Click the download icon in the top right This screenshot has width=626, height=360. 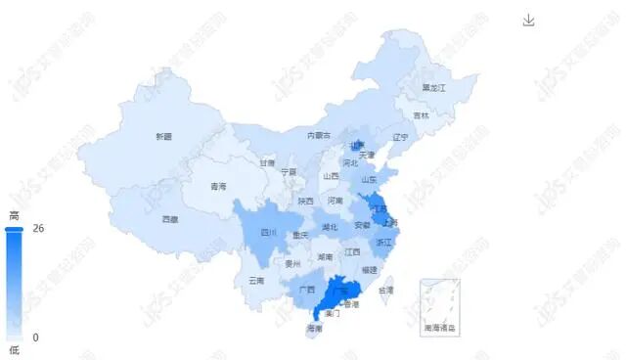tap(529, 21)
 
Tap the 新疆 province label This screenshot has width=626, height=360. tap(163, 137)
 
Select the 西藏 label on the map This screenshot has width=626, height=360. tap(170, 219)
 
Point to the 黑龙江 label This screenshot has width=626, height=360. tap(433, 88)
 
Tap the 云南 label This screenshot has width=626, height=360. tap(256, 281)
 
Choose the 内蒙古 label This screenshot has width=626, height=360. tap(319, 135)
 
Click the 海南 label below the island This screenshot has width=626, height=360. tap(314, 329)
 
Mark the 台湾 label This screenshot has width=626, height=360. tap(385, 291)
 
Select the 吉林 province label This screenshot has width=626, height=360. tap(421, 115)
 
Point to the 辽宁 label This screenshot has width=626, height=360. tap(399, 137)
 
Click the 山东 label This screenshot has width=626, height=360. tap(370, 180)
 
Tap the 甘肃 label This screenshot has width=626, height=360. tap(267, 163)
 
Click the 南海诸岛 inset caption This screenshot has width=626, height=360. tap(440, 327)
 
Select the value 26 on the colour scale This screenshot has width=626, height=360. tap(39, 229)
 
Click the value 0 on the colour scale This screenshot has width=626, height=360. tap(35, 337)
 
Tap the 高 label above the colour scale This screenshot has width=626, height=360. tap(14, 216)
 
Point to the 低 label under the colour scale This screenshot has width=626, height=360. tap(14, 349)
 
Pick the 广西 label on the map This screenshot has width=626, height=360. tap(307, 290)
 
